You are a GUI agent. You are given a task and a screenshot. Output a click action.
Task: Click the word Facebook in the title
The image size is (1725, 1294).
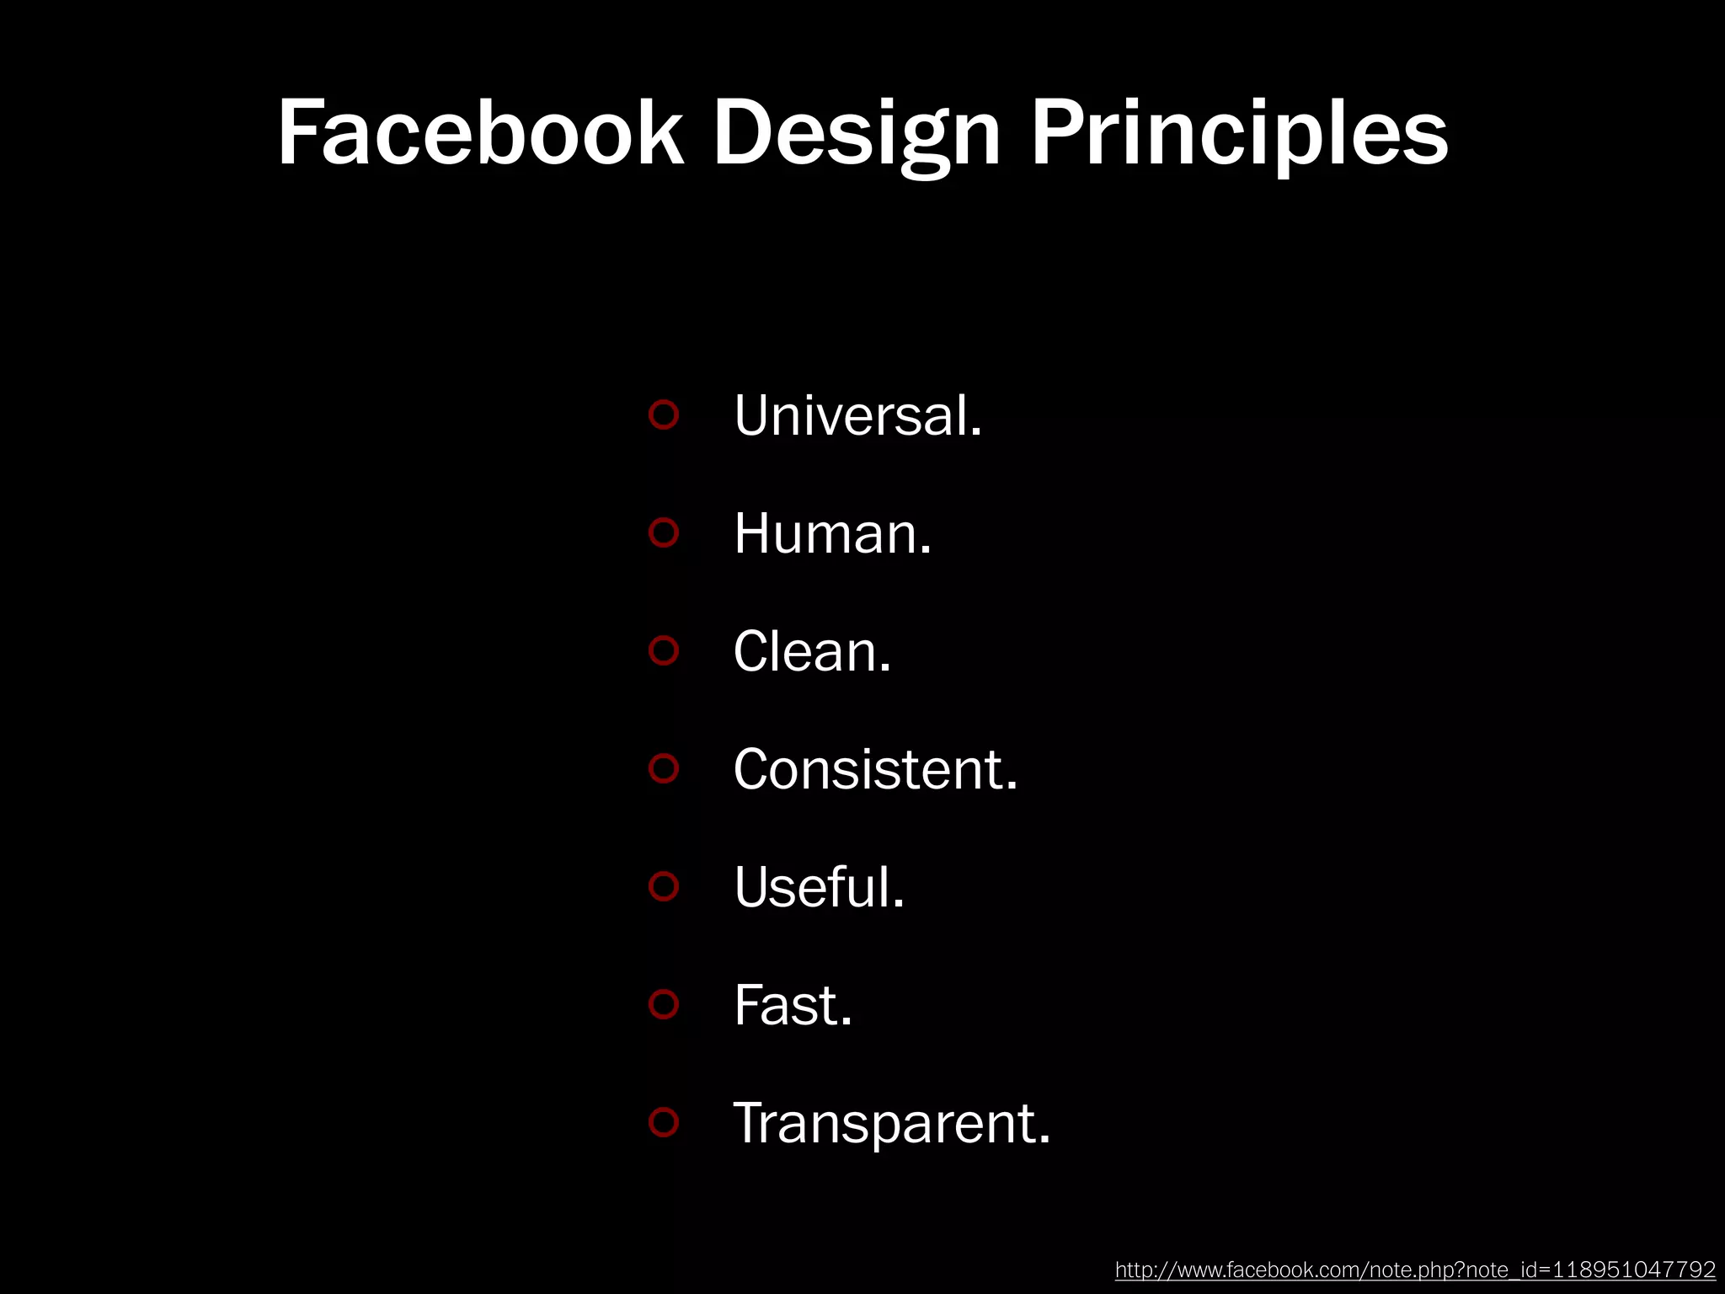480,133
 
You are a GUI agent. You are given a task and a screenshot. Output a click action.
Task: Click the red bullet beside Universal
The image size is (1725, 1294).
664,414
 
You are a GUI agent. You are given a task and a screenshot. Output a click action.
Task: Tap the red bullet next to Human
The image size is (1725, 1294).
664,532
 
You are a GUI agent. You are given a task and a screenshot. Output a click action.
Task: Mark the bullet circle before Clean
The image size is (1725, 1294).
664,650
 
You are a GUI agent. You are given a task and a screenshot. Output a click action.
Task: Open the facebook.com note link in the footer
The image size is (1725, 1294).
1415,1270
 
